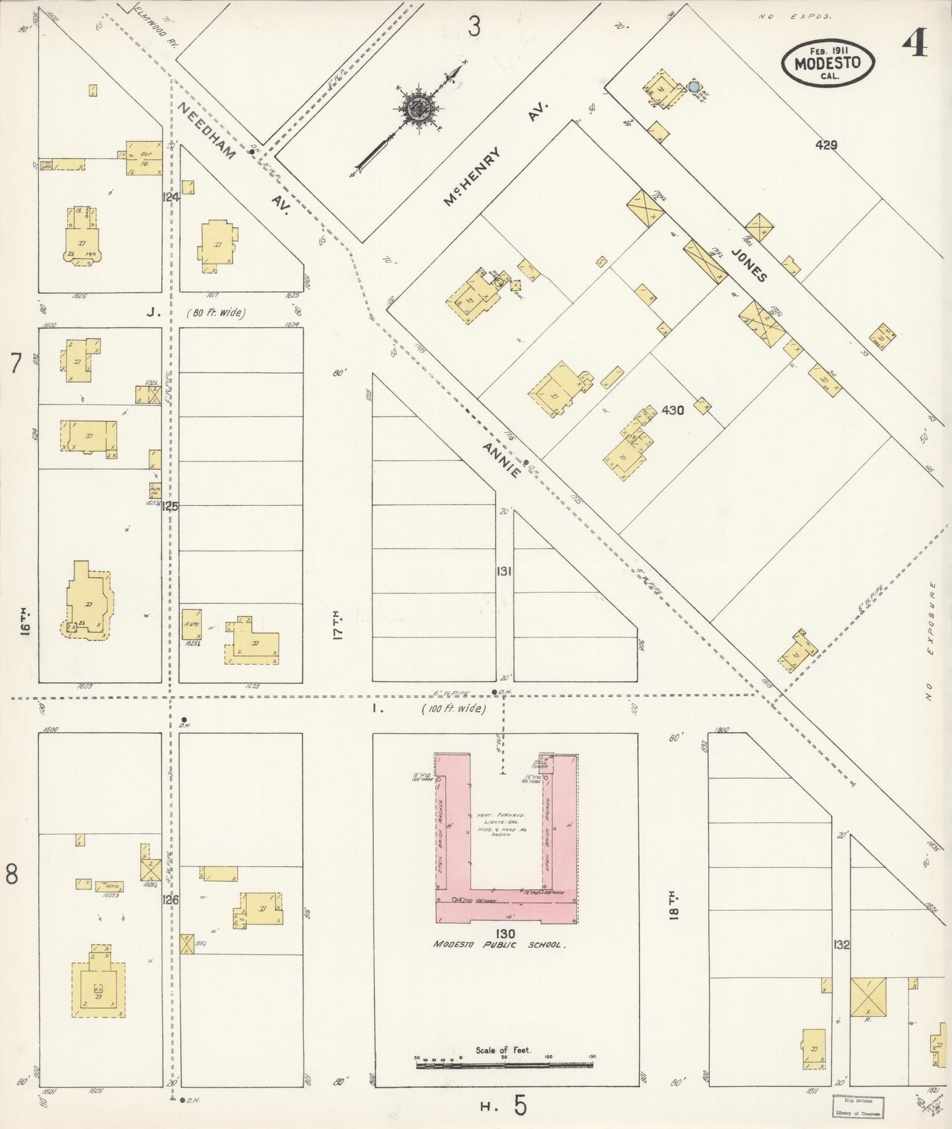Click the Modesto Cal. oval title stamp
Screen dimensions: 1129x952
point(828,63)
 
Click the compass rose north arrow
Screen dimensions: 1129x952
point(417,110)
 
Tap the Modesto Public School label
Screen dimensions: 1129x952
point(498,945)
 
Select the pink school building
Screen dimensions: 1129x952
point(506,903)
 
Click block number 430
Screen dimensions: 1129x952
point(673,410)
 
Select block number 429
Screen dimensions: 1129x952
point(826,145)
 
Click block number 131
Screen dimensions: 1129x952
point(504,572)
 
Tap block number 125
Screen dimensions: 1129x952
point(171,507)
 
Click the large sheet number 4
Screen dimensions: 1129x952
point(914,45)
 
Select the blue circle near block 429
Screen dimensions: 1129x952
point(694,86)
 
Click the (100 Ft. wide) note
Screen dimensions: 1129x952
point(453,709)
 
